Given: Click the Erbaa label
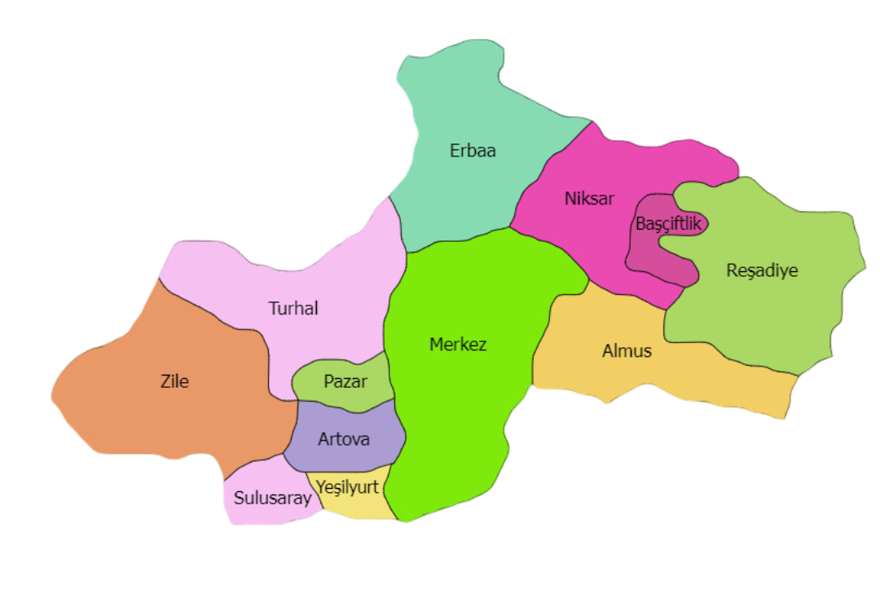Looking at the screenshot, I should [x=473, y=151].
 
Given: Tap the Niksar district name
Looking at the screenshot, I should [x=589, y=198].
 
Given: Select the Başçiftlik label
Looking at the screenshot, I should [x=668, y=224].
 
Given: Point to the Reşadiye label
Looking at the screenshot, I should [x=762, y=270].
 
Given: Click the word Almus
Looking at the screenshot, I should [x=627, y=351].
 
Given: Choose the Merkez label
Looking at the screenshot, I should [x=458, y=345].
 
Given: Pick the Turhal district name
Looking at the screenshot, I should [x=293, y=309].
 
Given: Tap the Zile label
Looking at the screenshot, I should [x=174, y=380].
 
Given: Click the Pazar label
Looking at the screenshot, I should [x=345, y=381].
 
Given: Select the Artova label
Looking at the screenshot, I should [x=343, y=440].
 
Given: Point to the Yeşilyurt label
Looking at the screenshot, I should [x=348, y=487].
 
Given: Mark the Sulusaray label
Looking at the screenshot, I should [x=272, y=498].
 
